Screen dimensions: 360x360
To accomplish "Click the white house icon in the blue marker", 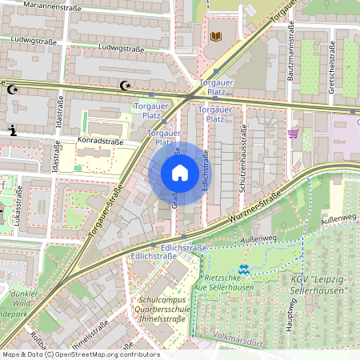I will [179, 173].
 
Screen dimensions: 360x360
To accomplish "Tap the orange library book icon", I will [215, 37].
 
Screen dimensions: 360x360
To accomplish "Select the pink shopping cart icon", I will [294, 134].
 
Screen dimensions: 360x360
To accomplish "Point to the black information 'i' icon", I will [12, 130].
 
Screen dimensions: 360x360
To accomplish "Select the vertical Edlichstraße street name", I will [206, 170].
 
